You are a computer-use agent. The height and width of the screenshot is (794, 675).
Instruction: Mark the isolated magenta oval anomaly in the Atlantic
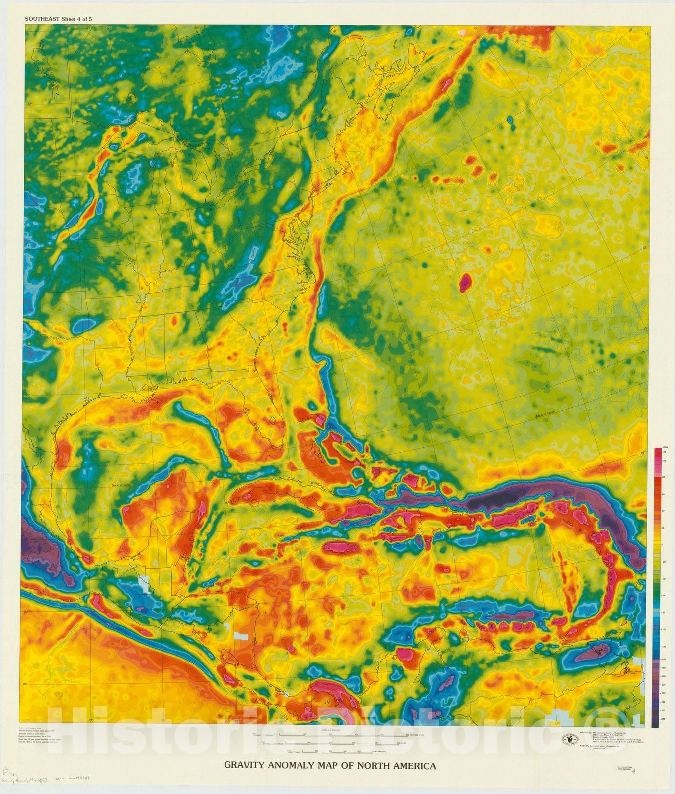pyautogui.click(x=465, y=283)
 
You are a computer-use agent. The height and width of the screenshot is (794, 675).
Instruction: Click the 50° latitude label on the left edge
pyautogui.click(x=29, y=104)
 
